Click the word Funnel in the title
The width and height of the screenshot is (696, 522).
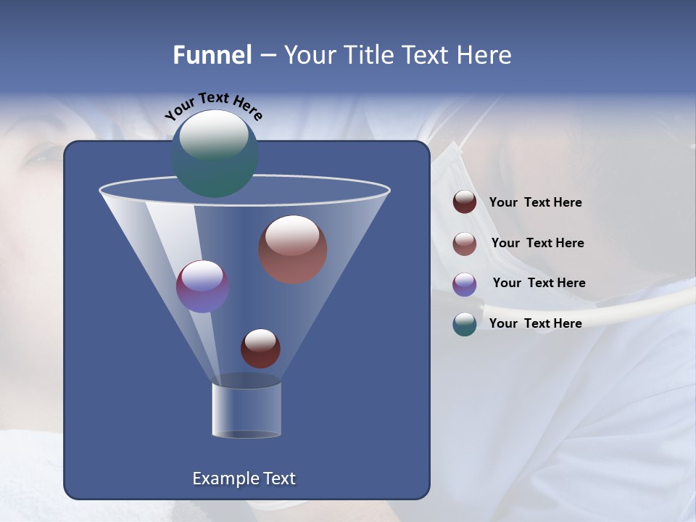pos(212,55)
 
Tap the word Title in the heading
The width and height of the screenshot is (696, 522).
pos(368,55)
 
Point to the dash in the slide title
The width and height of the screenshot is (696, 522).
pos(268,56)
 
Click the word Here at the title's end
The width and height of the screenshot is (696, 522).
pos(483,55)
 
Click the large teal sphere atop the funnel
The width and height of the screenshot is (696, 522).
pos(215,154)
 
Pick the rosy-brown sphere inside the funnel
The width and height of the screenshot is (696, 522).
pos(292,249)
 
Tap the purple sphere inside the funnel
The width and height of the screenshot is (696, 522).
pos(202,286)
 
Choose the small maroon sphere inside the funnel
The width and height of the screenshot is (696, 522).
pos(260,349)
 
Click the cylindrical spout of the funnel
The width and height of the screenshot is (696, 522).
pos(246,410)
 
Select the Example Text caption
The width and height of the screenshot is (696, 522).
pos(244,478)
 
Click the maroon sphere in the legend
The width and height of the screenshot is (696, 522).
pos(465,202)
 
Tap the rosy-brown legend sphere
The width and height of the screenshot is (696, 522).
pos(465,244)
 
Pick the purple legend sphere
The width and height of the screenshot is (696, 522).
pos(465,284)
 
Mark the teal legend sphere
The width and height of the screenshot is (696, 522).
pos(465,324)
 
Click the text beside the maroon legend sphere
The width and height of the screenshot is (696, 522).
pos(535,202)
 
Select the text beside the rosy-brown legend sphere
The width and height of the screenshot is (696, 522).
pos(537,243)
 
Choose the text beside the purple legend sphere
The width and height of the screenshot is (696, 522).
pos(539,283)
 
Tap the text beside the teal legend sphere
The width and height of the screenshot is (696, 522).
pos(535,323)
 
